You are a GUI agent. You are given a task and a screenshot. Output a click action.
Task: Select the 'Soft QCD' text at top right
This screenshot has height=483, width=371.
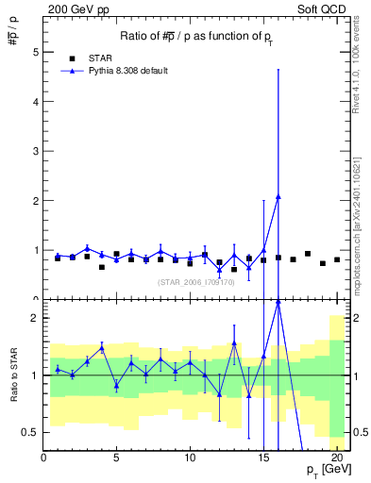(323, 9)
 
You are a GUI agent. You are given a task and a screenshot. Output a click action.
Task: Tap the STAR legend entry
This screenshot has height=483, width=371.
(103, 58)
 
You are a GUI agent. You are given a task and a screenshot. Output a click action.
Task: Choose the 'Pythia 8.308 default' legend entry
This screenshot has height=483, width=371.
(128, 71)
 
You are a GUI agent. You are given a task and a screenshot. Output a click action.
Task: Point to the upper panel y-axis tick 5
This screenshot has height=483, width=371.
(37, 52)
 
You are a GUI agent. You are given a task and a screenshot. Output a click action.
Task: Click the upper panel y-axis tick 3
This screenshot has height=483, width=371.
(37, 151)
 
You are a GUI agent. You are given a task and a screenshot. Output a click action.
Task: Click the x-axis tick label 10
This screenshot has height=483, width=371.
(190, 457)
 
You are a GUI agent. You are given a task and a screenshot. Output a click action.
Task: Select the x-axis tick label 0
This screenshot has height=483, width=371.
(43, 457)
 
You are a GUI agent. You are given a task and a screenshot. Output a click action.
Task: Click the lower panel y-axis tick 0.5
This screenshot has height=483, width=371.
(31, 432)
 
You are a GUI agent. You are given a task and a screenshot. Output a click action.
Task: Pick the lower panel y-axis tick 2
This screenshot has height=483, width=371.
(36, 318)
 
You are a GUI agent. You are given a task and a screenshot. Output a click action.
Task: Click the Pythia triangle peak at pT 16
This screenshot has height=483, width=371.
(278, 196)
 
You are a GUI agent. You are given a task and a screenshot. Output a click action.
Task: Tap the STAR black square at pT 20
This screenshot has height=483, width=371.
(337, 259)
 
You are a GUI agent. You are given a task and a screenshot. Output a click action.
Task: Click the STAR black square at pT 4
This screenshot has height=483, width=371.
(102, 267)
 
